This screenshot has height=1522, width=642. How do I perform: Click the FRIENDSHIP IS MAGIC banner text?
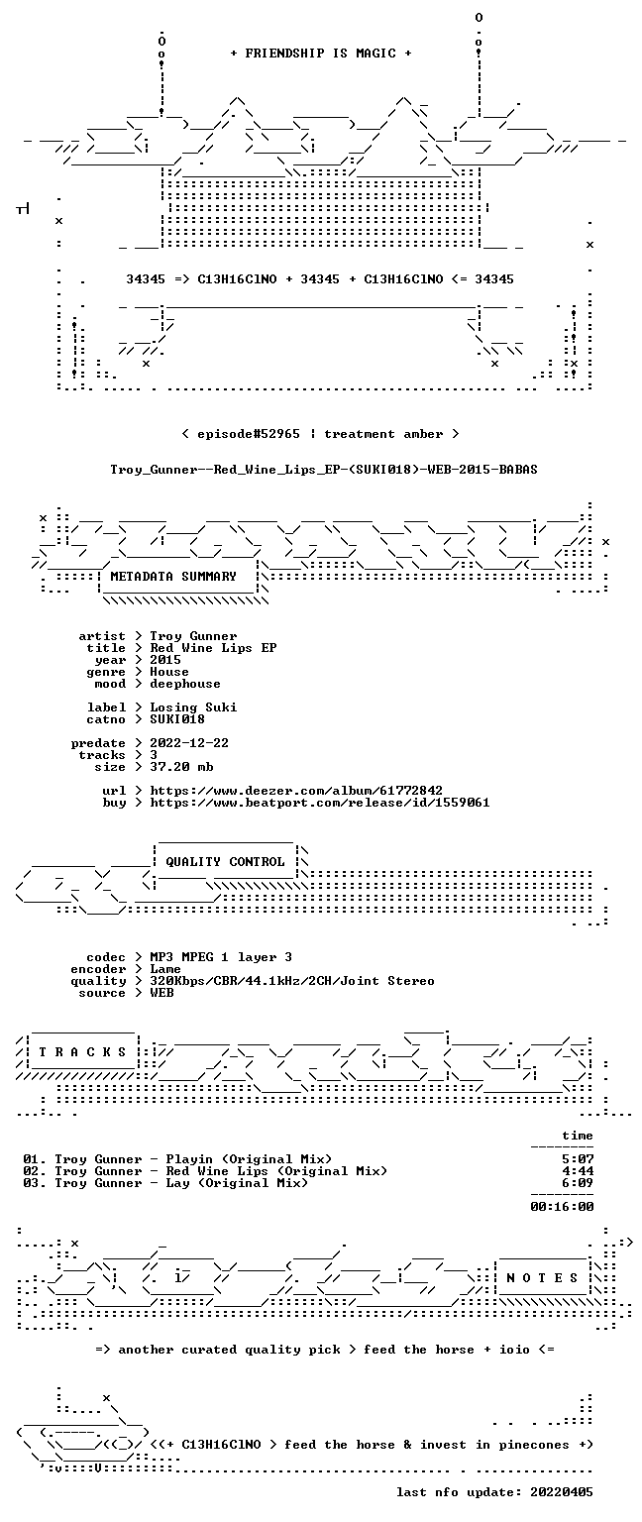click(321, 53)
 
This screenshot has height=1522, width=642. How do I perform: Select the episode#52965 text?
click(248, 434)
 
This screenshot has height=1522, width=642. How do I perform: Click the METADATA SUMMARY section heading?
click(173, 576)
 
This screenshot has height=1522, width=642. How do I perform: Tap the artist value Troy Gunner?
click(193, 637)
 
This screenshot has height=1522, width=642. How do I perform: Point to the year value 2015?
click(165, 661)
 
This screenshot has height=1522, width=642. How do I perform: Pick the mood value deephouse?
click(185, 685)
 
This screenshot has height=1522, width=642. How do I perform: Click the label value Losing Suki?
click(193, 708)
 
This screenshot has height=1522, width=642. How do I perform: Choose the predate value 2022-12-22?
click(189, 743)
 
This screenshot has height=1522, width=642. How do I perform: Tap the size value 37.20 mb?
click(181, 767)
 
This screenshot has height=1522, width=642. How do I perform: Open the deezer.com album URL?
click(296, 791)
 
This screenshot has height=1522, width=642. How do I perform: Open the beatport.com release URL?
click(320, 804)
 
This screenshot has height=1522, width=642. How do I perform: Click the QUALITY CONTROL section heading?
click(226, 861)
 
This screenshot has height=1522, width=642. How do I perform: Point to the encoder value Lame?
click(165, 970)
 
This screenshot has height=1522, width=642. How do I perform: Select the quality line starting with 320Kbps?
click(292, 981)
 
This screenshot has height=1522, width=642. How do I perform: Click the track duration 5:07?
click(578, 1160)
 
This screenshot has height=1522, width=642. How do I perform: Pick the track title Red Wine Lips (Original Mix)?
click(276, 1171)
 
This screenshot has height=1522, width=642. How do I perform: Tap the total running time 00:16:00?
click(562, 1208)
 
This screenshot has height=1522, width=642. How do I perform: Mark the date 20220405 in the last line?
click(562, 1492)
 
